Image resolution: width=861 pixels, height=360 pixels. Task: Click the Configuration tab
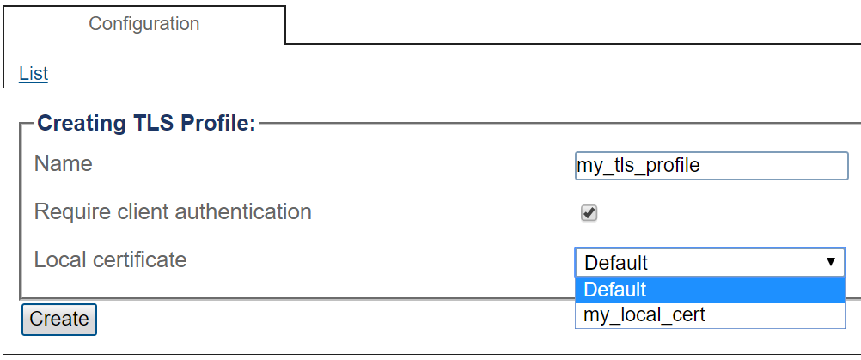point(143,24)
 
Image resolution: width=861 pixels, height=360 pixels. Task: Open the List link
point(34,74)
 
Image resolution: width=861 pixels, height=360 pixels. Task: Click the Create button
point(59,319)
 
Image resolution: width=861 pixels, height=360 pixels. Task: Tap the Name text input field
point(711,166)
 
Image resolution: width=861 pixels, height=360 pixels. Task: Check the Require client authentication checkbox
point(589,213)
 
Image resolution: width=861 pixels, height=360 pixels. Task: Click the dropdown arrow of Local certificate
point(831,262)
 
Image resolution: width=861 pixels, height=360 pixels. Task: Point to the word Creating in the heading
point(82,124)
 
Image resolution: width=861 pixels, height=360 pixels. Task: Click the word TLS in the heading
point(153,123)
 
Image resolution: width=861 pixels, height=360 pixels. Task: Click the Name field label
point(63,163)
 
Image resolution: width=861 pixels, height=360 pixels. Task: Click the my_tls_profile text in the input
point(638,166)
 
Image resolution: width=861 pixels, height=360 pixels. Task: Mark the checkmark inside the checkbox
point(589,212)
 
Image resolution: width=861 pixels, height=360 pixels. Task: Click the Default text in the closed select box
point(616,263)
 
